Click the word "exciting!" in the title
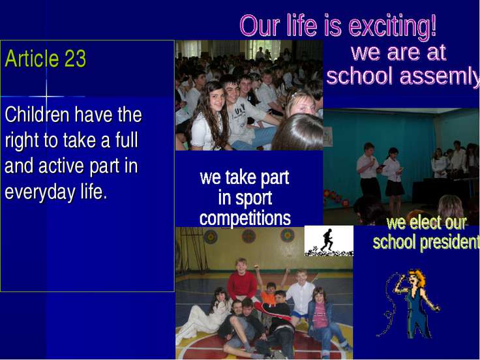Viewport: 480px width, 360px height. click(393, 26)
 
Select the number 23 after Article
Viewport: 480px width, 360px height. click(75, 58)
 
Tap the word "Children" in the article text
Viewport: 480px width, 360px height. click(37, 115)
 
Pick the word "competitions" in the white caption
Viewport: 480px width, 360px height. click(245, 218)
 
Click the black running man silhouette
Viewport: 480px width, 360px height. click(327, 240)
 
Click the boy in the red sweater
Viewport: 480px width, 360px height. click(242, 280)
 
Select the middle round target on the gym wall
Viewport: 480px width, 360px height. click(249, 236)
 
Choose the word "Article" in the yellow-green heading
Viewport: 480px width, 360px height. click(32, 58)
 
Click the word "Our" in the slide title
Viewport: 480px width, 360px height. click(260, 25)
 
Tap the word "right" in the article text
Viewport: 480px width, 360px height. click(22, 141)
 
